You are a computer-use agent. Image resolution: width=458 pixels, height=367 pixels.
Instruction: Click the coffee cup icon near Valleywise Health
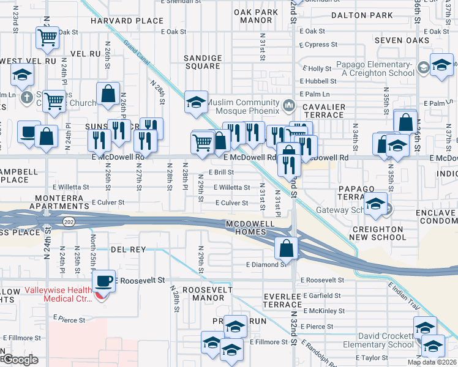pos(103,281)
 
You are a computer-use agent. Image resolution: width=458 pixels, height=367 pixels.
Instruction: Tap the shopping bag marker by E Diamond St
pos(286,248)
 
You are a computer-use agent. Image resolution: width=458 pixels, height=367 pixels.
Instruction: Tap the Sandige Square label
pos(203,62)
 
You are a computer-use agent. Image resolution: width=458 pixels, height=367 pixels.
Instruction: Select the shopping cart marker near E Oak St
pos(47,37)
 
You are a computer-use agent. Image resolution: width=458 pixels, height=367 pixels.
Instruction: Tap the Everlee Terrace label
pos(282,300)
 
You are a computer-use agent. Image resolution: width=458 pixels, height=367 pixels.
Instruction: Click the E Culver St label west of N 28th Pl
pos(108,201)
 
